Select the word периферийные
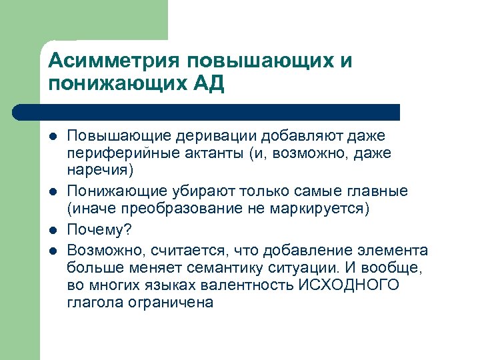coord(117,153)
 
